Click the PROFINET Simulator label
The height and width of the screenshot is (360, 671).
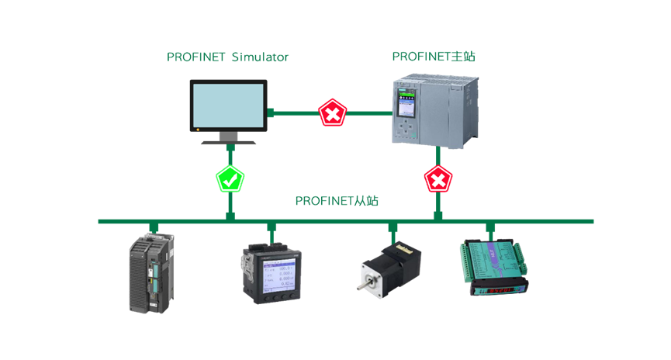(228, 57)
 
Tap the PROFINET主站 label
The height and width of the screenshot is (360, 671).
(439, 57)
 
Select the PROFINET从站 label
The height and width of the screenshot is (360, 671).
(337, 201)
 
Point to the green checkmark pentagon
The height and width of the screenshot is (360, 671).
(230, 180)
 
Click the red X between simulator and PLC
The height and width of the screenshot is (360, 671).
(332, 113)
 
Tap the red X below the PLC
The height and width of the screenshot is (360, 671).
(438, 180)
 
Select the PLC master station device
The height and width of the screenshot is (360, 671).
(434, 112)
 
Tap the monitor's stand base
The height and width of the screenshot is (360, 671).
(230, 142)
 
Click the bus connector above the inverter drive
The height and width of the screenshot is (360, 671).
(154, 227)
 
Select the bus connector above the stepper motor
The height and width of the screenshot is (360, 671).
(393, 227)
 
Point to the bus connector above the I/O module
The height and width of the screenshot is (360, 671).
(490, 227)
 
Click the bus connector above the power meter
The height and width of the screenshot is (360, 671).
(272, 227)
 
